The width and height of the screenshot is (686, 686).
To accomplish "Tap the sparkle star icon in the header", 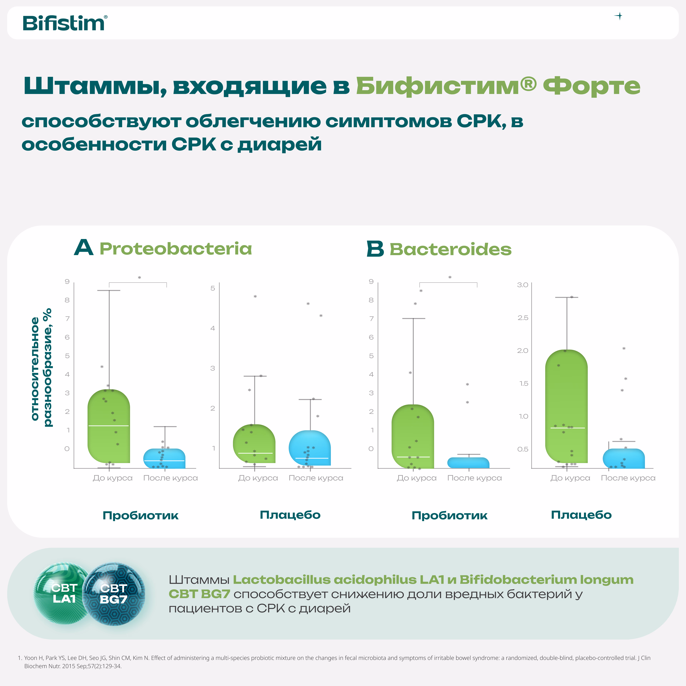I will click(x=618, y=16).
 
